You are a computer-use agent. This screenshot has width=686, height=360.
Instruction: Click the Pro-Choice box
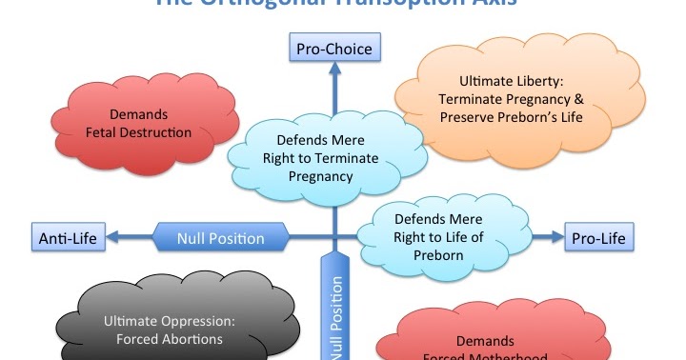coord(334,47)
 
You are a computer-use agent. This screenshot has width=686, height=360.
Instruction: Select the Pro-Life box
coord(599,237)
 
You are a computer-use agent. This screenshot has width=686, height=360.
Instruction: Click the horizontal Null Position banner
coord(220,237)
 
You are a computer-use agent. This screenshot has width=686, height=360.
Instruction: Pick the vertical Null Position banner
coord(335,305)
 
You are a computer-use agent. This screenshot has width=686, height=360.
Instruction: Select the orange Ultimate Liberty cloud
coord(508,99)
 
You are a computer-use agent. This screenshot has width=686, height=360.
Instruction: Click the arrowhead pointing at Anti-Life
coord(113,237)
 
